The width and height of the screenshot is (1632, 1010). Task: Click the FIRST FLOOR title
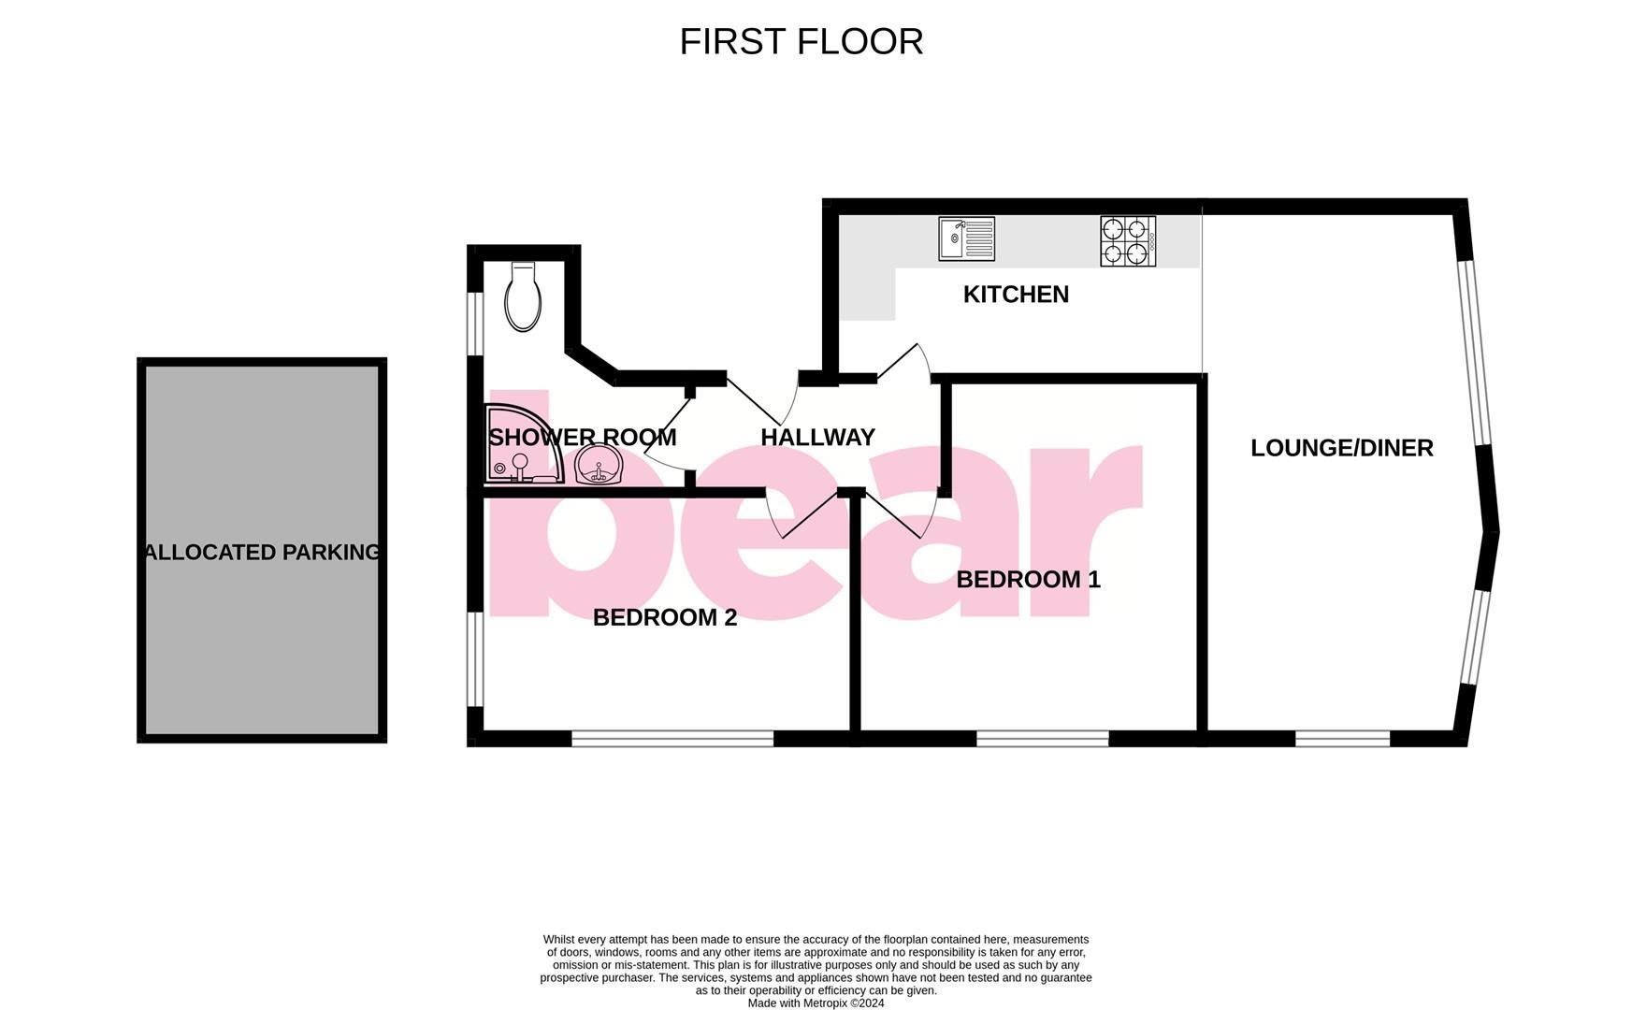click(x=801, y=42)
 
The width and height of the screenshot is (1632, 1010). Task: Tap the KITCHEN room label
click(x=1016, y=295)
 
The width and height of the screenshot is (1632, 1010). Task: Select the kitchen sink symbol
click(x=967, y=238)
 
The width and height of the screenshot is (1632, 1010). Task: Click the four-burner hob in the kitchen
click(x=1128, y=241)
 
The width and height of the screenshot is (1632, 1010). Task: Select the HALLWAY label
click(x=817, y=438)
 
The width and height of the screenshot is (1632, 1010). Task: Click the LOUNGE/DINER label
click(x=1341, y=448)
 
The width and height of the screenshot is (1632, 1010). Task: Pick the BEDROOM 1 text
click(x=1028, y=580)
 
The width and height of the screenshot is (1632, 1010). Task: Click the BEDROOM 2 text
click(x=665, y=618)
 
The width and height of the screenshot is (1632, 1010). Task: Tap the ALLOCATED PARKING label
click(x=263, y=553)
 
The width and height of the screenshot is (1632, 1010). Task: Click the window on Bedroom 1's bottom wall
click(x=1042, y=739)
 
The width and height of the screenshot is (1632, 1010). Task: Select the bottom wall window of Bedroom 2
click(x=672, y=739)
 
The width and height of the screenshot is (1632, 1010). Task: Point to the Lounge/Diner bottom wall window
click(x=1342, y=739)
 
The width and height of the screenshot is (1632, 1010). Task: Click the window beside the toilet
click(x=475, y=324)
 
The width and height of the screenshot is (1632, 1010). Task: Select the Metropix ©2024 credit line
click(x=816, y=1003)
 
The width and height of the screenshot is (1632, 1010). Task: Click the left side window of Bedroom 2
click(x=475, y=659)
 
